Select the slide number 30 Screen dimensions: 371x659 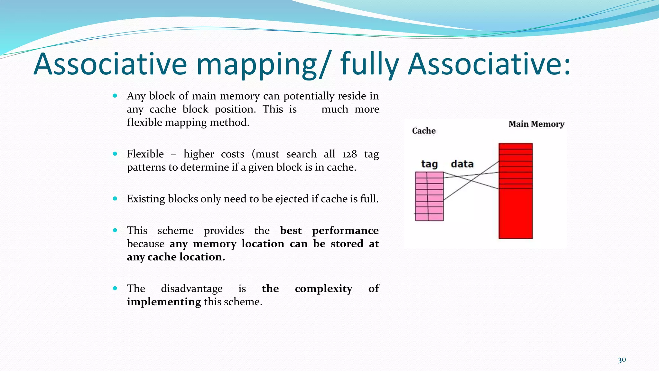coord(622,360)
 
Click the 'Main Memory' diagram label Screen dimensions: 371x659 coord(536,124)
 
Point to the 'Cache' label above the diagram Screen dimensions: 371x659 coord(424,131)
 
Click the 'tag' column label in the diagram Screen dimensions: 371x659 coord(429,164)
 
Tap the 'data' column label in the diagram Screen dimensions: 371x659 coord(462,164)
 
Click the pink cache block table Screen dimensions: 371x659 coord(429,196)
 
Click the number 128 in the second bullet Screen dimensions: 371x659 coord(349,154)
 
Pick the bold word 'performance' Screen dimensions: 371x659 coord(345,231)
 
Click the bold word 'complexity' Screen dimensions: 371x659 coord(323,289)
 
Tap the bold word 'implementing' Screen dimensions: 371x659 coord(164,302)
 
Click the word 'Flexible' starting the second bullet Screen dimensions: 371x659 coord(145,154)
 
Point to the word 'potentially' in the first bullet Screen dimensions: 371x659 coord(309,96)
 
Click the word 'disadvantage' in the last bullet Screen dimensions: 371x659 coord(191,289)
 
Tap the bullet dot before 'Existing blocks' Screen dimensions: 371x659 coord(115,199)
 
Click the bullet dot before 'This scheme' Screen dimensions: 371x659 coord(115,230)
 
